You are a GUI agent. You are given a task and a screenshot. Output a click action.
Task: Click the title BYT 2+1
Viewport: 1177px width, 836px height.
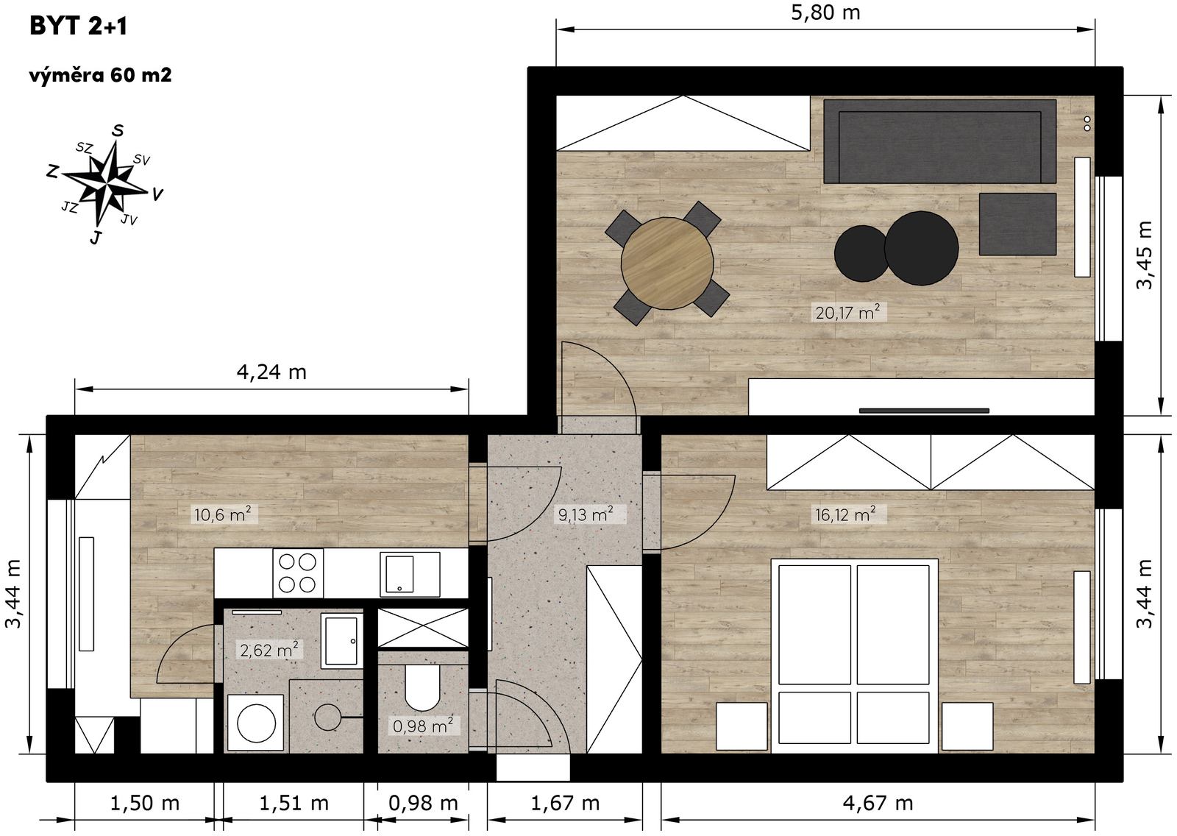(x=78, y=26)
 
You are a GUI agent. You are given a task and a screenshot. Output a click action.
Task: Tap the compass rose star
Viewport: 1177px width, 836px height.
(x=107, y=184)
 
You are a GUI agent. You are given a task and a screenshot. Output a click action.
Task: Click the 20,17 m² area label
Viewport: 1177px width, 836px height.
(x=847, y=312)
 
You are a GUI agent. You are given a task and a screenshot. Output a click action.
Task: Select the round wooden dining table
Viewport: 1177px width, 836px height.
(x=667, y=263)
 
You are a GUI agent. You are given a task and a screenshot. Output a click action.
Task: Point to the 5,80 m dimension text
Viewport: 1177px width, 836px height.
(x=825, y=13)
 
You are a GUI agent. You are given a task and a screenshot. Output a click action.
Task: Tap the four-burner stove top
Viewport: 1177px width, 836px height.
(x=297, y=573)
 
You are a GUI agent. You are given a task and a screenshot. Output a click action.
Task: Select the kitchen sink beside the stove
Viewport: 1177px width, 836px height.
(x=410, y=573)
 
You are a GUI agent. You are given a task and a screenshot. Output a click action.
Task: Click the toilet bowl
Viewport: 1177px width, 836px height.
(x=422, y=687)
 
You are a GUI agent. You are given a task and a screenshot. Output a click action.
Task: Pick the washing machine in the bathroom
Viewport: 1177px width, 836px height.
(x=256, y=723)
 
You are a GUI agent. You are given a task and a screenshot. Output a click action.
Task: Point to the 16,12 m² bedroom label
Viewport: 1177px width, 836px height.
(x=845, y=514)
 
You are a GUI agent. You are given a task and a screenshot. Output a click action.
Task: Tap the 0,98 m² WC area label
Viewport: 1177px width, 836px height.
(x=423, y=726)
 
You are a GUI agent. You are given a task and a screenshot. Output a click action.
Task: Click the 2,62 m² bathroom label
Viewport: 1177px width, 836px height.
(x=269, y=650)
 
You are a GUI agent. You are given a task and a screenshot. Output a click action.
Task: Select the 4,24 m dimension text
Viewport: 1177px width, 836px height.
(x=271, y=372)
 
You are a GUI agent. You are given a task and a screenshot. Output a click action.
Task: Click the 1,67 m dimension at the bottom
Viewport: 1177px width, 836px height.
(x=565, y=803)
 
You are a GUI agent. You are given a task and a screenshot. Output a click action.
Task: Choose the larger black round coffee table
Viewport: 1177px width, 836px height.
(x=921, y=248)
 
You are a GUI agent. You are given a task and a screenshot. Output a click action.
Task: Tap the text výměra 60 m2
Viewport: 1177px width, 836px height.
(x=100, y=76)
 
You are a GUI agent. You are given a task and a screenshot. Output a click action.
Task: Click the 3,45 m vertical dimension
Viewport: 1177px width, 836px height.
(x=1145, y=255)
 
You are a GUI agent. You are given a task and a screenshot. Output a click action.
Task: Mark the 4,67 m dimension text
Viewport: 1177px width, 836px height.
(x=878, y=803)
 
